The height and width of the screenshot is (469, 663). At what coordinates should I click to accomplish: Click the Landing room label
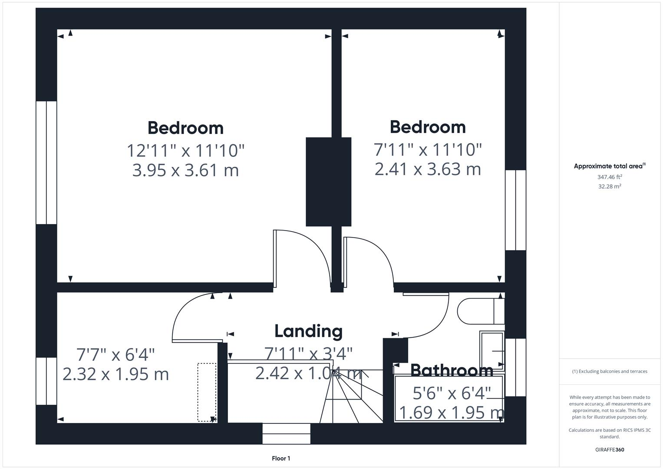[308, 331]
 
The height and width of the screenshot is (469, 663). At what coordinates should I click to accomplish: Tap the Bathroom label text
[452, 370]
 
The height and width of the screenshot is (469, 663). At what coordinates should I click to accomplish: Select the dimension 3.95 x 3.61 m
[185, 170]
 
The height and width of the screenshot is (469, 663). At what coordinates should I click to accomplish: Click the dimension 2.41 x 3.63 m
[428, 169]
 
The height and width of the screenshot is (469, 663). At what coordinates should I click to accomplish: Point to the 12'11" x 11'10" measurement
[185, 151]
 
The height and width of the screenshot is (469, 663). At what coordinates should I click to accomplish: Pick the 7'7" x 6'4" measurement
[115, 355]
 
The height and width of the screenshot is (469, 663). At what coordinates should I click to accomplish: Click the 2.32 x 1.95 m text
[115, 374]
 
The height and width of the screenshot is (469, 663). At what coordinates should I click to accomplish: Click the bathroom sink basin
[492, 350]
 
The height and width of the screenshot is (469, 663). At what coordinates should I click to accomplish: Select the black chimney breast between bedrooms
[328, 182]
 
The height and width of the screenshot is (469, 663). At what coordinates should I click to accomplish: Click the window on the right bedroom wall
[515, 210]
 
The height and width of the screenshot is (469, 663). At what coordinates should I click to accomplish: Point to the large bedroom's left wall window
[46, 162]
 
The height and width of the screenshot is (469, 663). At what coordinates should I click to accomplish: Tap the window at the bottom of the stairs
[286, 433]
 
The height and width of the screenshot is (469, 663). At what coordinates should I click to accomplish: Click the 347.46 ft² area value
[610, 177]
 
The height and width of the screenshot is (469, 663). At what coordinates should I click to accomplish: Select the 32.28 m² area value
[610, 186]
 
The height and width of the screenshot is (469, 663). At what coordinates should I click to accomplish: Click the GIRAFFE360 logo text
[610, 449]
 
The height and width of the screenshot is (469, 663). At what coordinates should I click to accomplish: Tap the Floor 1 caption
[281, 458]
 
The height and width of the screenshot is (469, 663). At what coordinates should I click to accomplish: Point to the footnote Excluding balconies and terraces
[610, 371]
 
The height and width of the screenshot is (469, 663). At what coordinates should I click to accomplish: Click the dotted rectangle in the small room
[207, 392]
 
